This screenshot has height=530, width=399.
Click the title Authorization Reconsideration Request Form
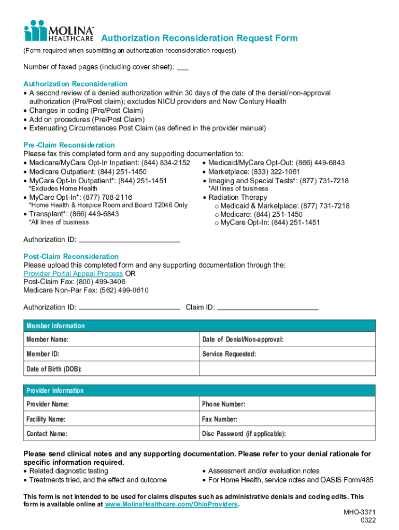[x=199, y=38]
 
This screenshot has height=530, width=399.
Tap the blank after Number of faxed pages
[x=183, y=68]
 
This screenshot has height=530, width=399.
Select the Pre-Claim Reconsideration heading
[x=69, y=145]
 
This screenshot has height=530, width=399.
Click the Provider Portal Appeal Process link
[x=73, y=273]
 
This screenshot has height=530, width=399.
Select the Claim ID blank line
[x=267, y=307]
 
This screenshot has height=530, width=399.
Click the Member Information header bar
[x=199, y=326]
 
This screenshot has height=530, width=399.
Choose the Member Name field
[x=111, y=340]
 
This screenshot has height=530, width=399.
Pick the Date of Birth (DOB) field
[x=111, y=369]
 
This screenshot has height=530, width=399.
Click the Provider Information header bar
[x=199, y=390]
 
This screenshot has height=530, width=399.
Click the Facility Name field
[x=111, y=419]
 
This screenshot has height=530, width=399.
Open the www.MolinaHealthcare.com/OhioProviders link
[x=171, y=505]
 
